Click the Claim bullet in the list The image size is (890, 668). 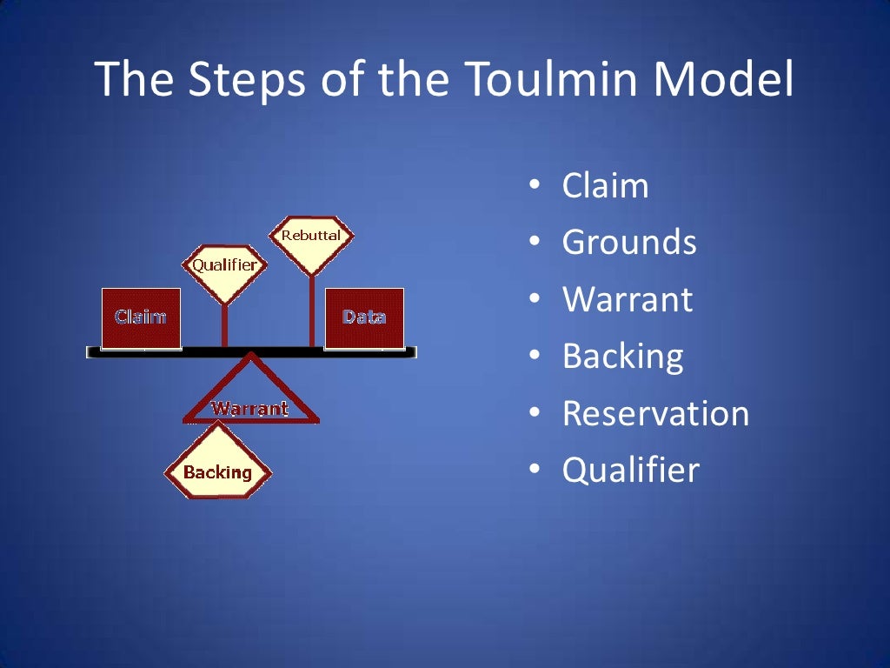(x=605, y=186)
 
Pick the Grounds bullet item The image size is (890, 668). (x=629, y=243)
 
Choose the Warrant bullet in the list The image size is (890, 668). (x=628, y=299)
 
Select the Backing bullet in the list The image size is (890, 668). (x=622, y=356)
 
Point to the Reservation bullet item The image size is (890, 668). (x=655, y=413)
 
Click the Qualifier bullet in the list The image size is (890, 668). (x=630, y=470)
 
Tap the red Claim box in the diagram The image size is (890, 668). (x=141, y=317)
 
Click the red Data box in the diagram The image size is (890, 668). (x=364, y=317)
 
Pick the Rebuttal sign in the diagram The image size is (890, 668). (x=311, y=236)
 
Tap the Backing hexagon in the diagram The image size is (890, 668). (x=217, y=472)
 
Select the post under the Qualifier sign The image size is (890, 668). (x=225, y=325)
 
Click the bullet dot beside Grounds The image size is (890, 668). (x=535, y=244)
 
